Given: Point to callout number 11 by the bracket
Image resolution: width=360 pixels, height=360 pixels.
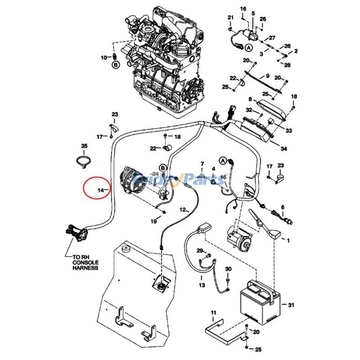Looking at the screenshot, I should [213, 312].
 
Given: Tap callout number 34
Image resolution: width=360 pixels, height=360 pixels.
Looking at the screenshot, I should [283, 148].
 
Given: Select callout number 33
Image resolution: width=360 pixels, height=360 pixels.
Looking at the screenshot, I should [288, 131].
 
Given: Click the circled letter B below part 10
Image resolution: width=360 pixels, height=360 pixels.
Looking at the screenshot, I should [116, 66].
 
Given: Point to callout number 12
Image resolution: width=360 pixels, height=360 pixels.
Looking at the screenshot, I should [183, 209].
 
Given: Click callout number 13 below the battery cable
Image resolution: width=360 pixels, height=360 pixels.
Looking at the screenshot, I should [202, 285].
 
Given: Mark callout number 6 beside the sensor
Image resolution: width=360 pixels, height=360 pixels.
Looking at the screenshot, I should [283, 207].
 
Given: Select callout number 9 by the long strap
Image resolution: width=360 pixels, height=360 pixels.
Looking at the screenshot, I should [267, 76].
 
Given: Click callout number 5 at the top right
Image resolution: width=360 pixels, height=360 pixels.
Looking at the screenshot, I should [253, 14].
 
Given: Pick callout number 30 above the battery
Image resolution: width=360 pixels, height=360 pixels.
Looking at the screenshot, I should [228, 269].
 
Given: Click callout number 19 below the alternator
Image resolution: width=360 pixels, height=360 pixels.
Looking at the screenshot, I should [153, 221].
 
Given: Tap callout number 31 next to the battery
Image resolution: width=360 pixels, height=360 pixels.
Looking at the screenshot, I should [291, 305].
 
